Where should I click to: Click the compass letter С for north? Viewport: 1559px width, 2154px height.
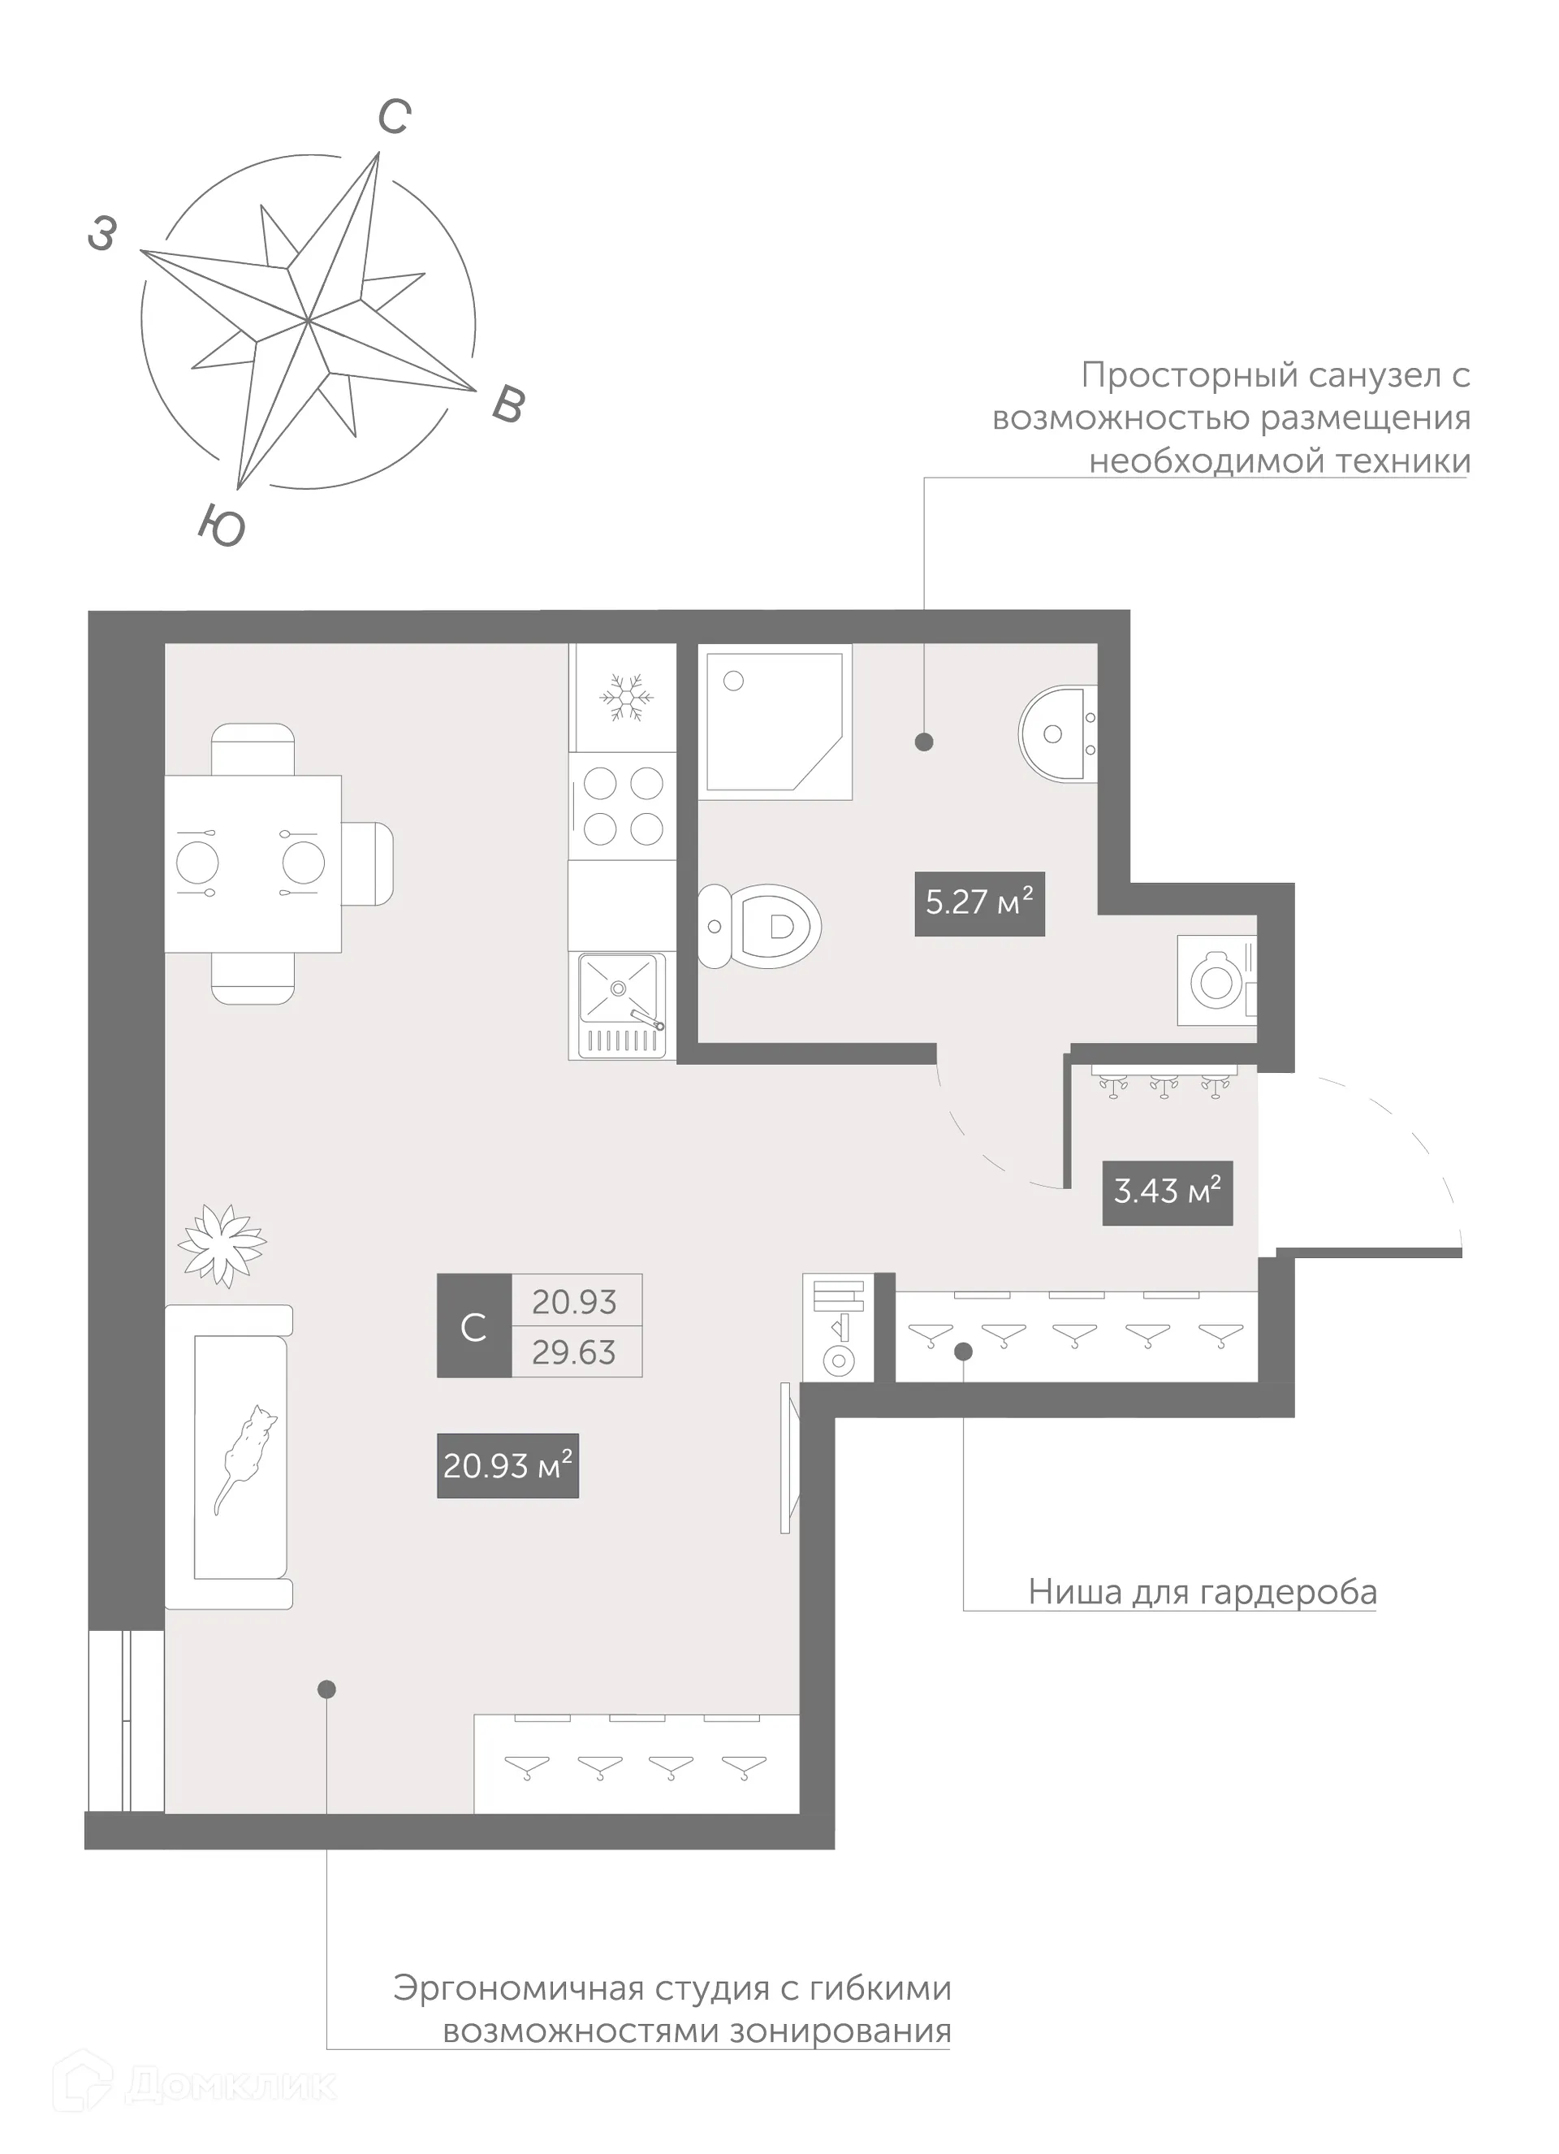tap(394, 118)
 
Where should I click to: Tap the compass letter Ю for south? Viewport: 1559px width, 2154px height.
tap(222, 526)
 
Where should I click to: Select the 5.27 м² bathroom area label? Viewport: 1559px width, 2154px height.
tap(979, 903)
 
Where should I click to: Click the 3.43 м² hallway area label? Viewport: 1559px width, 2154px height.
tap(1167, 1192)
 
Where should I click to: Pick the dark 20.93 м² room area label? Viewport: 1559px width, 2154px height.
tap(507, 1465)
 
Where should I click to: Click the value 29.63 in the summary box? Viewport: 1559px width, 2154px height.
tap(574, 1352)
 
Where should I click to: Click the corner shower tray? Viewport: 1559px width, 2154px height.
tap(769, 719)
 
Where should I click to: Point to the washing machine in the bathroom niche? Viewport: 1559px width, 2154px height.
tap(1216, 980)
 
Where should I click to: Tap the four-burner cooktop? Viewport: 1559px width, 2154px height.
tap(623, 807)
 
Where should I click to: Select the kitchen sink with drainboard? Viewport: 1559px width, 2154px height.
tap(622, 1004)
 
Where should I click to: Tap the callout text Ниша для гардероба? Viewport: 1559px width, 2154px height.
tap(1202, 1591)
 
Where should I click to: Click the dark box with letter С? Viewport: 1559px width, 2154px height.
tap(473, 1326)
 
